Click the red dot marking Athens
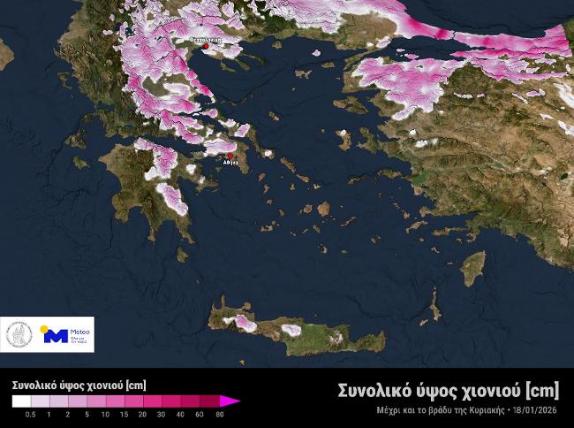[230, 156]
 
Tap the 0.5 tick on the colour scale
[31, 414]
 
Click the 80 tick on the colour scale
[218, 414]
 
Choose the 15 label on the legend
[125, 414]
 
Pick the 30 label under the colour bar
[162, 414]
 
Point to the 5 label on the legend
[87, 414]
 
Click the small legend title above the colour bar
[79, 385]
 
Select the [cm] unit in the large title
[542, 390]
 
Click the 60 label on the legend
[200, 414]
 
